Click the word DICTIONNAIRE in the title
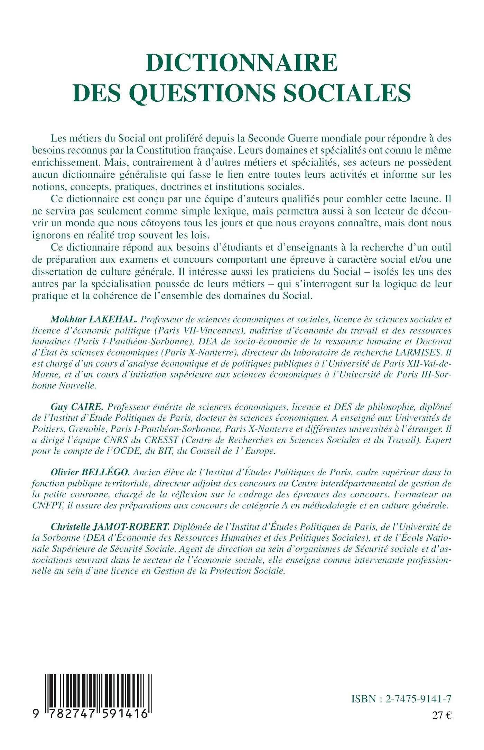tap(242, 63)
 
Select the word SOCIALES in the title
tap(347, 93)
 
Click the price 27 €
tap(441, 715)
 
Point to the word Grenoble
tap(87, 429)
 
